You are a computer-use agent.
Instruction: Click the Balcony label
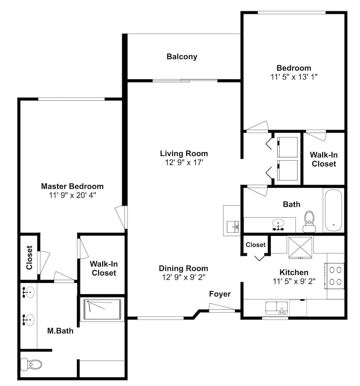pyautogui.click(x=182, y=57)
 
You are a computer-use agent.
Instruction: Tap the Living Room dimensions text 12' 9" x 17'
pyautogui.click(x=184, y=163)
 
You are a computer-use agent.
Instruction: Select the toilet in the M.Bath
pyautogui.click(x=31, y=364)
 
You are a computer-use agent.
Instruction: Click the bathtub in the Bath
pyautogui.click(x=333, y=210)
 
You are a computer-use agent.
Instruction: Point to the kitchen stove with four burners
pyautogui.click(x=335, y=276)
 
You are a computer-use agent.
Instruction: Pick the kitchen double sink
pyautogui.click(x=277, y=308)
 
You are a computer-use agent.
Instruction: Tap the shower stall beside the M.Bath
pyautogui.click(x=102, y=309)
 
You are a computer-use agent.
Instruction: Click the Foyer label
pyautogui.click(x=220, y=294)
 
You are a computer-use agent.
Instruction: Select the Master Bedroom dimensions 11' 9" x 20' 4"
pyautogui.click(x=72, y=195)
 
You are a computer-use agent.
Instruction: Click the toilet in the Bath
pyautogui.click(x=309, y=222)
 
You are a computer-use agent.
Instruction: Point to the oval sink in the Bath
pyautogui.click(x=278, y=223)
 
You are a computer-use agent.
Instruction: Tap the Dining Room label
pyautogui.click(x=183, y=268)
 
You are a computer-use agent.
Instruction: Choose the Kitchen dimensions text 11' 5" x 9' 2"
pyautogui.click(x=294, y=281)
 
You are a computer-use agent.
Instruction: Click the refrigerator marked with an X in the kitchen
pyautogui.click(x=301, y=247)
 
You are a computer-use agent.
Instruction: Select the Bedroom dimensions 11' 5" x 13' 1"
pyautogui.click(x=294, y=77)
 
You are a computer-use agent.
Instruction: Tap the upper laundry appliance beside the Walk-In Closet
pyautogui.click(x=287, y=147)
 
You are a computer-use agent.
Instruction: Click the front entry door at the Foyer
pyautogui.click(x=221, y=308)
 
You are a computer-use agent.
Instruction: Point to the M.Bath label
pyautogui.click(x=60, y=331)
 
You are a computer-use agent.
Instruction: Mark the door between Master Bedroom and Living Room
pyautogui.click(x=122, y=217)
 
